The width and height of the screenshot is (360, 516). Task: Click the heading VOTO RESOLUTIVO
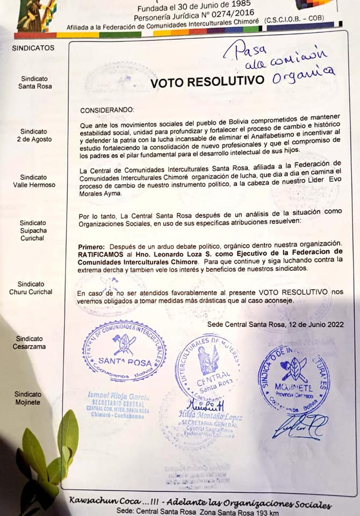tap(207, 82)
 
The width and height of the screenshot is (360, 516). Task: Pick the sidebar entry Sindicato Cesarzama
tap(30, 342)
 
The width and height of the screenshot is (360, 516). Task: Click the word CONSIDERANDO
tap(107, 110)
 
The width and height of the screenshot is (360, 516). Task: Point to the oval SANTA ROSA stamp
tap(124, 351)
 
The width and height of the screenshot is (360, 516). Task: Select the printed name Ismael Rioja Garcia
tap(119, 396)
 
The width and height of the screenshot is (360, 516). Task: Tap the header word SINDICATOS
tap(33, 47)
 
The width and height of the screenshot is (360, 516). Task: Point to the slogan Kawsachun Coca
tap(104, 501)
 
